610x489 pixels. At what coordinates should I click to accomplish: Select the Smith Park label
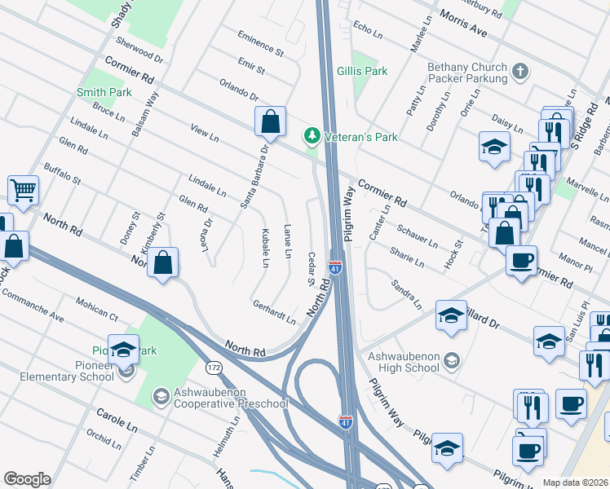[104, 93]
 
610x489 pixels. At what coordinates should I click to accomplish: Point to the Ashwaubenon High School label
[405, 361]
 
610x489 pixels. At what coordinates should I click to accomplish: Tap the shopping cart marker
[24, 191]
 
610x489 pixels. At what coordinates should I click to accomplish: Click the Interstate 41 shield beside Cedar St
[335, 267]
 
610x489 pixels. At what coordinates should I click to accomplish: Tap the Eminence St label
[260, 44]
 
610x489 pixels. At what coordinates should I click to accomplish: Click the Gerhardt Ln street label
[274, 315]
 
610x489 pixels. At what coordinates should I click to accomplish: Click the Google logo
[26, 479]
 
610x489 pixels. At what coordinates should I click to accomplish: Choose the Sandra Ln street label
[406, 295]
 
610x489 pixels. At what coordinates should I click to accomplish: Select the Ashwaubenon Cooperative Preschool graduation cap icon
[162, 397]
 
